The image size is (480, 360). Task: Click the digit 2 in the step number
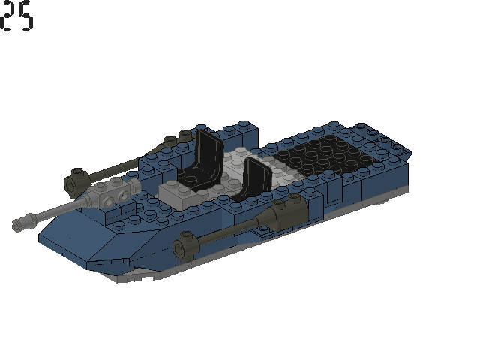point(9,16)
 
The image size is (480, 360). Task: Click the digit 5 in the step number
point(26,16)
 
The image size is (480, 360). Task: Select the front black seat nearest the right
point(253,180)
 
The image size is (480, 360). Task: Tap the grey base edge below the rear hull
point(375,201)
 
